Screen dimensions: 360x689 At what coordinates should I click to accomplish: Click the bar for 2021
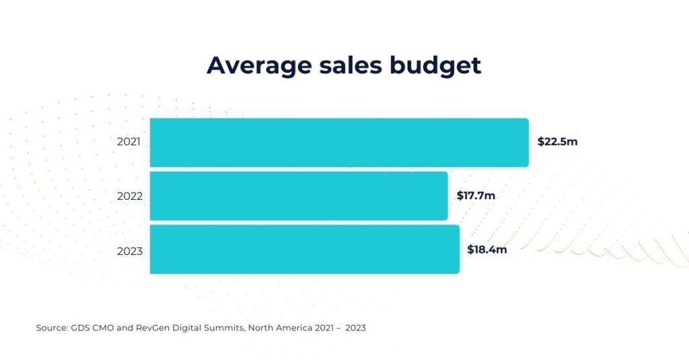[x=339, y=143]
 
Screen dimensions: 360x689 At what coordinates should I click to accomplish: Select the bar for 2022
[x=299, y=196]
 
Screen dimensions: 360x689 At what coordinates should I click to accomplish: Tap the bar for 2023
[x=304, y=250]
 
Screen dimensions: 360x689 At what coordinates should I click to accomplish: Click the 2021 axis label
[x=129, y=143]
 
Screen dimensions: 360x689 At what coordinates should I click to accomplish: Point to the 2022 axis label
[x=129, y=196]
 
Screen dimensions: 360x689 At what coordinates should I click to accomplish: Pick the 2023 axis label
[x=129, y=251]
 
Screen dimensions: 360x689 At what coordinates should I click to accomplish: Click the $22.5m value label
[x=557, y=142]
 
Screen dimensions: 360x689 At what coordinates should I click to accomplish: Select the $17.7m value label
[x=476, y=196]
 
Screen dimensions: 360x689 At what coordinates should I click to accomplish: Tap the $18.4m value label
[x=487, y=250]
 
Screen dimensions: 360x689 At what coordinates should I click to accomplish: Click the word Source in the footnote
[x=51, y=328]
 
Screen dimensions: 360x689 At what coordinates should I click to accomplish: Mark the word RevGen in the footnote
[x=151, y=328]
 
